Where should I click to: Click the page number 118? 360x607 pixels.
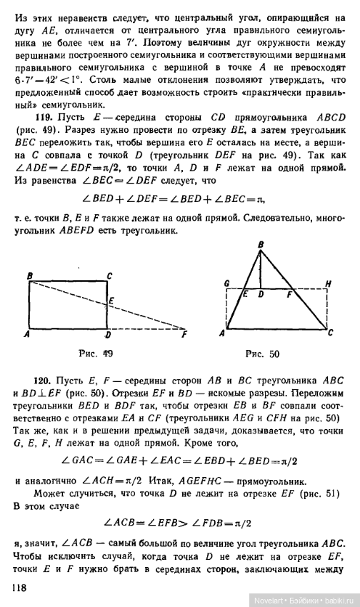point(21,588)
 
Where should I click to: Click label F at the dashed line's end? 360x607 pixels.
point(184,333)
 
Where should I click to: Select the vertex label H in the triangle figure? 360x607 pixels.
point(327,284)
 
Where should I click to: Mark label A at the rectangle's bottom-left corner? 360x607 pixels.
point(26,333)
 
